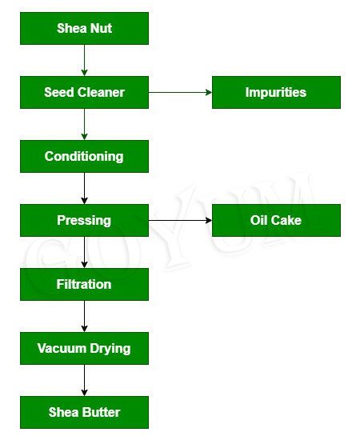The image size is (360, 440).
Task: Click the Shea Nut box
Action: pyautogui.click(x=84, y=29)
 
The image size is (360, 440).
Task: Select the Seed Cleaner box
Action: pyautogui.click(x=84, y=92)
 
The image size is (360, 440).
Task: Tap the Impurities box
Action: pyautogui.click(x=275, y=92)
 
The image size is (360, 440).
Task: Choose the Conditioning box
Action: pyautogui.click(x=84, y=156)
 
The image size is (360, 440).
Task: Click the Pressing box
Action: pyautogui.click(x=84, y=220)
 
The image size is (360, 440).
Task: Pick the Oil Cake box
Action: pyautogui.click(x=275, y=220)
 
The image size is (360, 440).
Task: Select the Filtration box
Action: pyautogui.click(x=84, y=284)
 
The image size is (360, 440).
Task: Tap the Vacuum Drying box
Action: pyautogui.click(x=84, y=348)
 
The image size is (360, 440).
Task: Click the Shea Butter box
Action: pyautogui.click(x=84, y=412)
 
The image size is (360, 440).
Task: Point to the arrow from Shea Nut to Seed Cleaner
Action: pyautogui.click(x=84, y=60)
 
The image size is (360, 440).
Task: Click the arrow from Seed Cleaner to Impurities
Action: pyautogui.click(x=180, y=92)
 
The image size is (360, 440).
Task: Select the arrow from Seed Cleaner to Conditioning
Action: pyautogui.click(x=84, y=124)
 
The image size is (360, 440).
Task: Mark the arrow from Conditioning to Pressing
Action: pyautogui.click(x=84, y=188)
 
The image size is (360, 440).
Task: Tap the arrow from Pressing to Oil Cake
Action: pyautogui.click(x=180, y=220)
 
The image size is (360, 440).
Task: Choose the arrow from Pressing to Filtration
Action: pyautogui.click(x=84, y=252)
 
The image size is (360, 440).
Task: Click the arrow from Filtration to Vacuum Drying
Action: pyautogui.click(x=84, y=316)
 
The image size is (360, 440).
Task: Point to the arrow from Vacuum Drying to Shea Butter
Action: pyautogui.click(x=84, y=380)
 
